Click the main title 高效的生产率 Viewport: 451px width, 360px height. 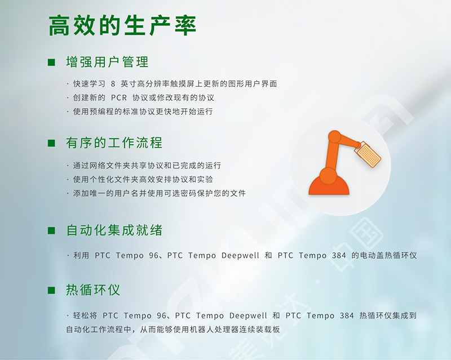coord(122,25)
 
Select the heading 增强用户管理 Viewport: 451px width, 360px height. coord(107,62)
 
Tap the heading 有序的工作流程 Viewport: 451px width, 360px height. coord(114,143)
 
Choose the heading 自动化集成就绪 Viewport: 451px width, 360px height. coord(114,230)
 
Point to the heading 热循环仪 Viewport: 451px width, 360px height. coord(93,290)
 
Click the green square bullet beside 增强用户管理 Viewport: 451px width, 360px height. coord(51,63)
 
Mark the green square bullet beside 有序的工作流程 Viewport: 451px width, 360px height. coord(51,143)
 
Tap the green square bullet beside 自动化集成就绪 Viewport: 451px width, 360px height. coord(51,230)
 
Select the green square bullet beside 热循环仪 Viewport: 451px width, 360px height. coord(51,290)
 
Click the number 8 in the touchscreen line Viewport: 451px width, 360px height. coord(113,84)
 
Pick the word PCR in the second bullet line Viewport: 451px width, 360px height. coord(119,98)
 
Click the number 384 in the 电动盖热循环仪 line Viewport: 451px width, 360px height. coord(339,255)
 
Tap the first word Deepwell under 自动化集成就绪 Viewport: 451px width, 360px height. coord(241,255)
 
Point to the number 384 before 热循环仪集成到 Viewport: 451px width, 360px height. coord(347,315)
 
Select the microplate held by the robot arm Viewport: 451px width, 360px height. coord(368,154)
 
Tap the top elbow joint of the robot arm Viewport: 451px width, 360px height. coord(334,137)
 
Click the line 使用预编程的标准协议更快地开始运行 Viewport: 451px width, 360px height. coord(143,112)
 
